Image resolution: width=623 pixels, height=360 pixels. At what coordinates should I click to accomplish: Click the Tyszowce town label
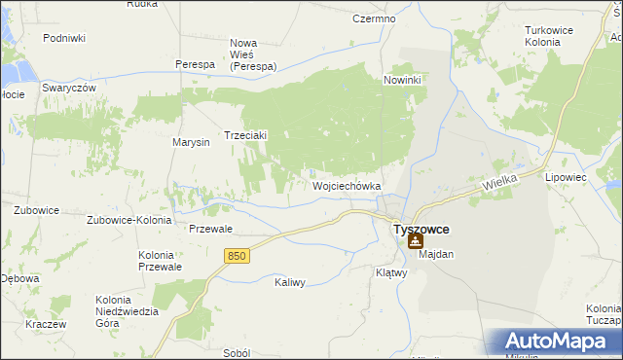pos(421,229)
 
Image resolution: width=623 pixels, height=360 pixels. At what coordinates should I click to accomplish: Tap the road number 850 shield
pos(237,255)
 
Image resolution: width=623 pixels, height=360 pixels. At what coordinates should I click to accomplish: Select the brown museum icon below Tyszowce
pos(416,241)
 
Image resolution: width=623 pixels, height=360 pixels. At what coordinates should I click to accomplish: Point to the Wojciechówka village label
pos(346,185)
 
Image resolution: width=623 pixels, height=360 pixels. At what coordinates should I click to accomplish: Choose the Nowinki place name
pos(402,80)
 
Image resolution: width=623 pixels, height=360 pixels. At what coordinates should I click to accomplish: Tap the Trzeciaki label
pos(246,136)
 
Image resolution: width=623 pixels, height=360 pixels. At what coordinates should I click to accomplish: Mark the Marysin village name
pos(192,143)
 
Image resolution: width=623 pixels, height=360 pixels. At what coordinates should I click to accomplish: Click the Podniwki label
pos(64,38)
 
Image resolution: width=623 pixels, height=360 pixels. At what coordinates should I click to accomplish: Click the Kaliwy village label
pos(290,282)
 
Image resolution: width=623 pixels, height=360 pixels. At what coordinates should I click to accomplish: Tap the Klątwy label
pos(390,273)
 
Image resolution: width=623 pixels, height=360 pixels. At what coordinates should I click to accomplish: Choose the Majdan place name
pos(438,254)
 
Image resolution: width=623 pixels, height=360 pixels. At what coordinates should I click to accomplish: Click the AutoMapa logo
pos(556,342)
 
